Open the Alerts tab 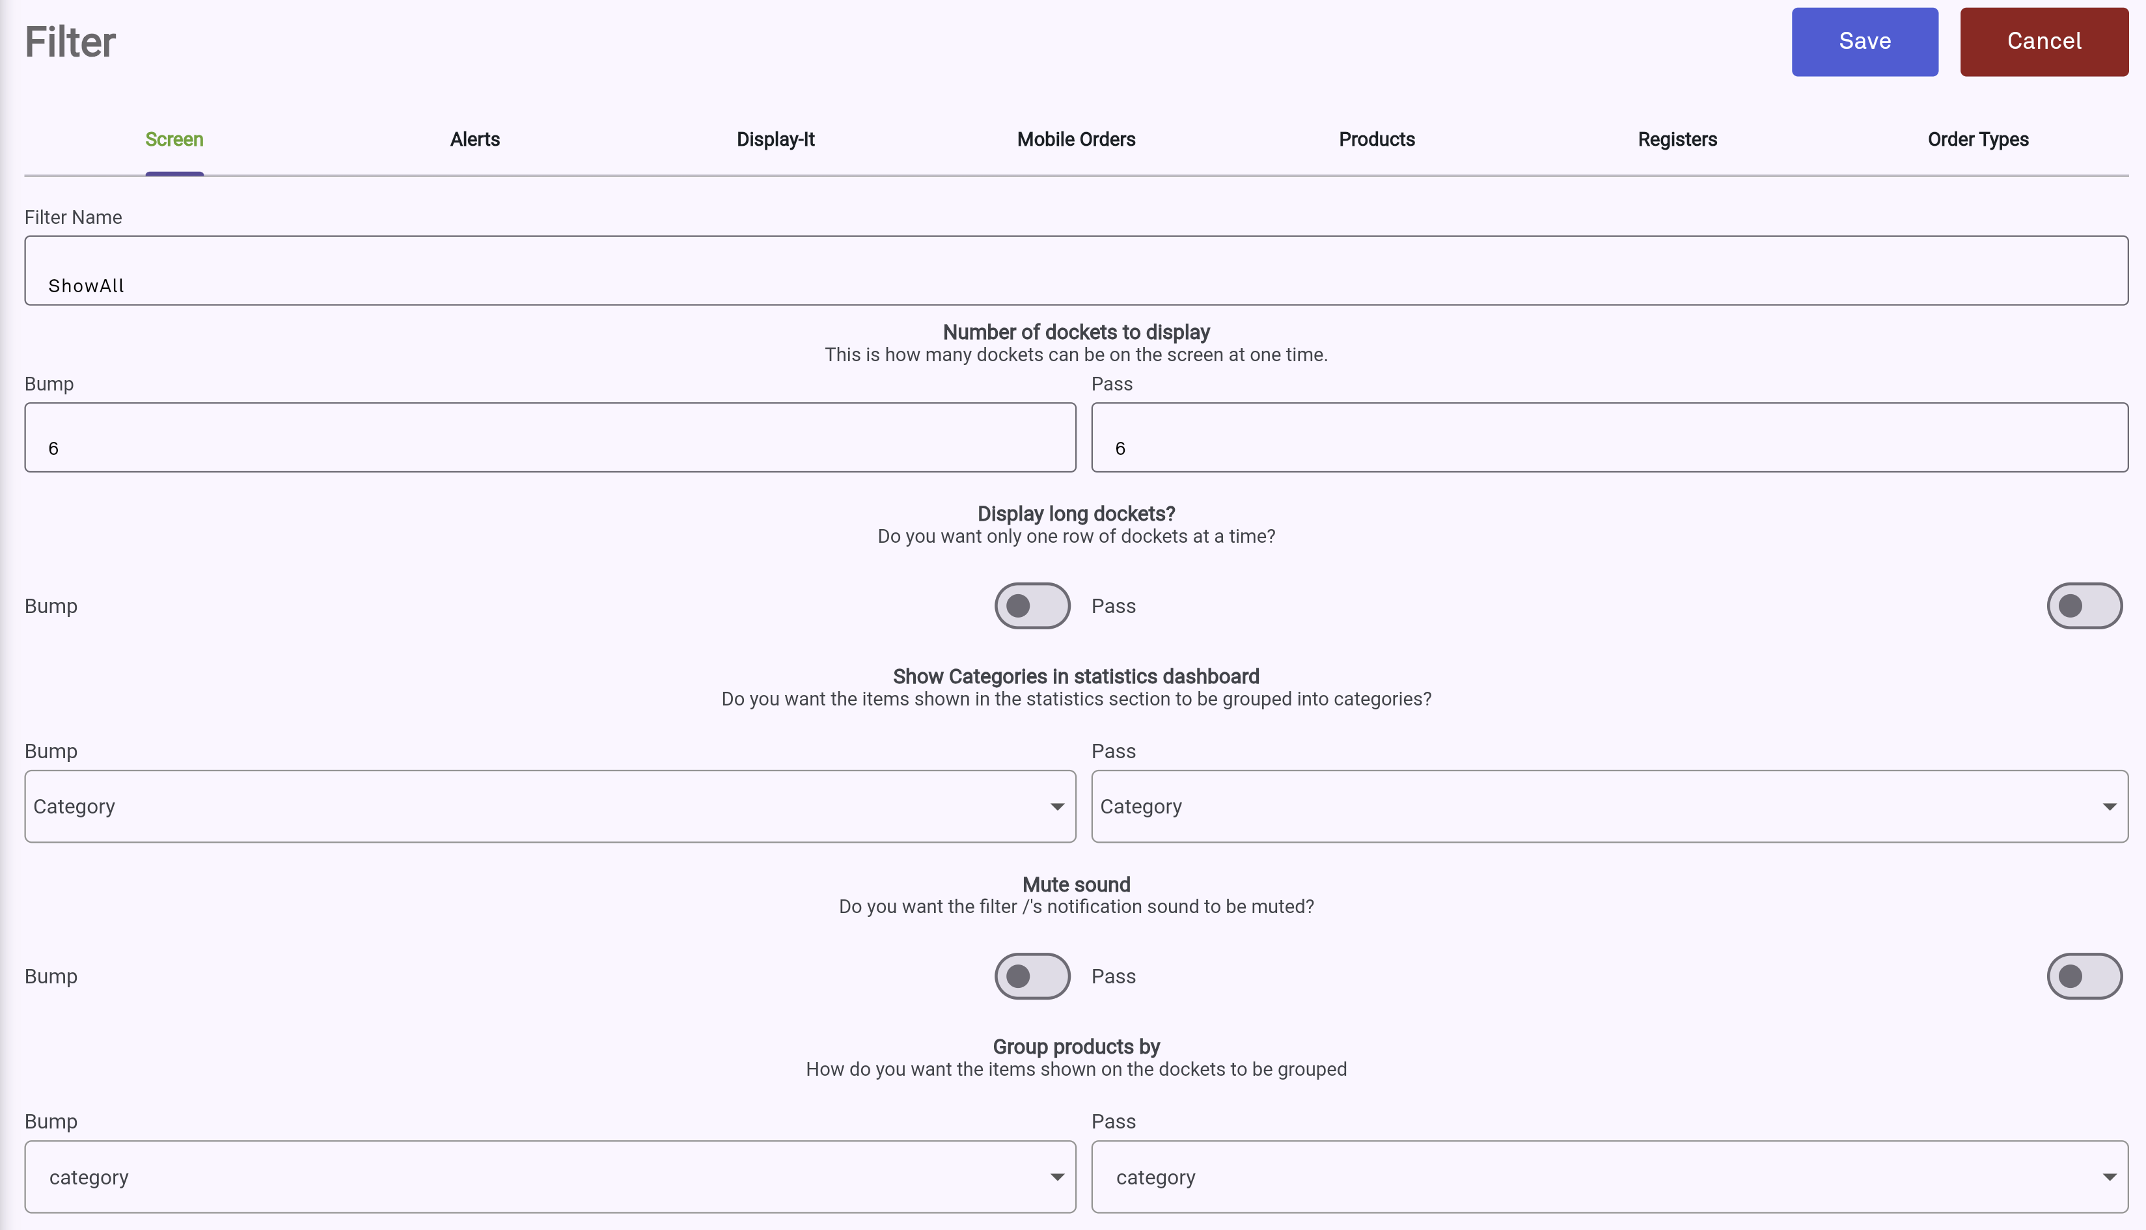(475, 139)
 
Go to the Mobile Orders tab (1075, 139)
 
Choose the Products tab (1376, 139)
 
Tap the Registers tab (1677, 139)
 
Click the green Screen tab (174, 139)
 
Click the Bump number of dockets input (550, 437)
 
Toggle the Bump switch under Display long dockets (1032, 606)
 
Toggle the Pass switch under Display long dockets (2084, 606)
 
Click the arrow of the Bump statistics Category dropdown (1056, 807)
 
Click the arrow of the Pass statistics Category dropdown (2109, 807)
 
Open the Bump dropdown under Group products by (550, 1177)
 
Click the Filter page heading (70, 42)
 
